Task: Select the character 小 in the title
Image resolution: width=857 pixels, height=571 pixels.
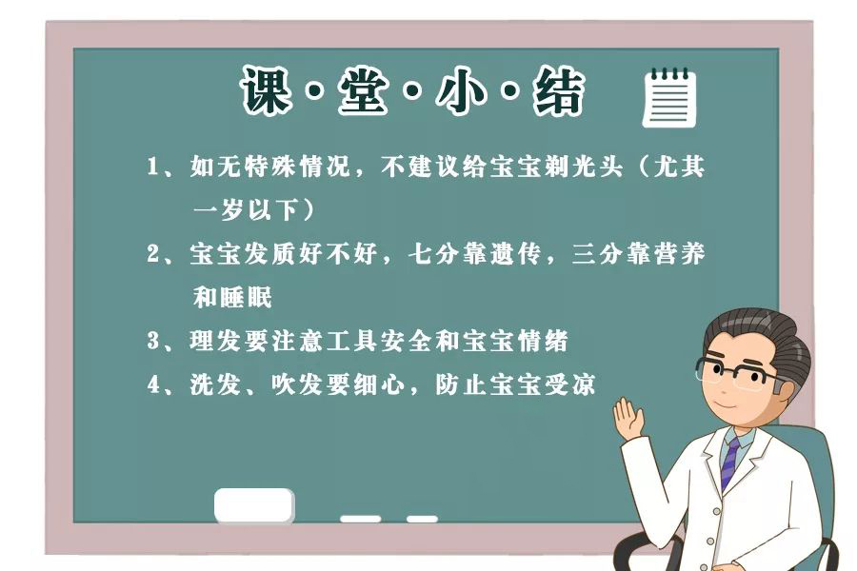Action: point(459,91)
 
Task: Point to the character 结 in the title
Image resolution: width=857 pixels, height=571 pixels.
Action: point(557,91)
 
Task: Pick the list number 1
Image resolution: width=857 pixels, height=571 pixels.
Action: point(151,168)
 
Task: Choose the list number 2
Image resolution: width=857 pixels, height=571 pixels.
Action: point(152,254)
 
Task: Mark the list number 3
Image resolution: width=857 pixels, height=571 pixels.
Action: point(152,341)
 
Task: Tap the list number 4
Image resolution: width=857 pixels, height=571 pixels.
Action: point(152,385)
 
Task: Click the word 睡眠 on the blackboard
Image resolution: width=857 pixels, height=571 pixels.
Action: point(246,297)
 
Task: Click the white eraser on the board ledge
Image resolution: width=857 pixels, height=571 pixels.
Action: point(253,505)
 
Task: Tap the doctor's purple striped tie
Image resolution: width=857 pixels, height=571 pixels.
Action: point(729,462)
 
